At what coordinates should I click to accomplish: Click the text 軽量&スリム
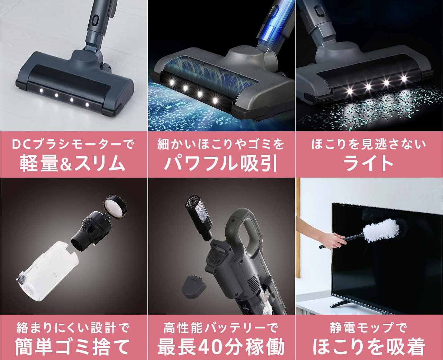pyautogui.click(x=73, y=163)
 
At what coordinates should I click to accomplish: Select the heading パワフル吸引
pyautogui.click(x=221, y=163)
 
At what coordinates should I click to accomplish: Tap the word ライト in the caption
pyautogui.click(x=369, y=163)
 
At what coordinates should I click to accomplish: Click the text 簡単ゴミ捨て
pyautogui.click(x=73, y=345)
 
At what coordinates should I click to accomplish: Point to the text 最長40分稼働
pyautogui.click(x=221, y=345)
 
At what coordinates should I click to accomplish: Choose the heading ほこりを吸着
pyautogui.click(x=369, y=345)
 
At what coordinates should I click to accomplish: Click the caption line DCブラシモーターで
pyautogui.click(x=73, y=144)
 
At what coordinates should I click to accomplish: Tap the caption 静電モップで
pyautogui.click(x=369, y=327)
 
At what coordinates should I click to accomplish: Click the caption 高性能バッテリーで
pyautogui.click(x=221, y=327)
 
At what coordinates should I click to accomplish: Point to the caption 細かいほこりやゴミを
pyautogui.click(x=221, y=144)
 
